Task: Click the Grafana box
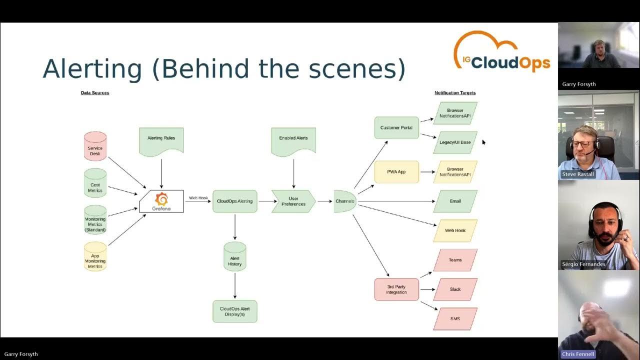161,201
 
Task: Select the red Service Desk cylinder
95,146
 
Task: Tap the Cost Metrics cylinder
95,183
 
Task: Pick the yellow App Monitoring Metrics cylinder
95,256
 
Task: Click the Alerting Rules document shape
161,140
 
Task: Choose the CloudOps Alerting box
234,201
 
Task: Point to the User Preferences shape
293,201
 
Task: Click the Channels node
345,201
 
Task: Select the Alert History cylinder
234,256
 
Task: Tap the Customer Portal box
396,127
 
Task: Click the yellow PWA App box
396,171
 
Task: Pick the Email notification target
455,201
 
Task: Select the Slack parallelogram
455,289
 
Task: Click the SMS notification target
455,319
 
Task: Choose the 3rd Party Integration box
396,289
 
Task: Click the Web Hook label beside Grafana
198,198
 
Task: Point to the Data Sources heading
95,93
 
